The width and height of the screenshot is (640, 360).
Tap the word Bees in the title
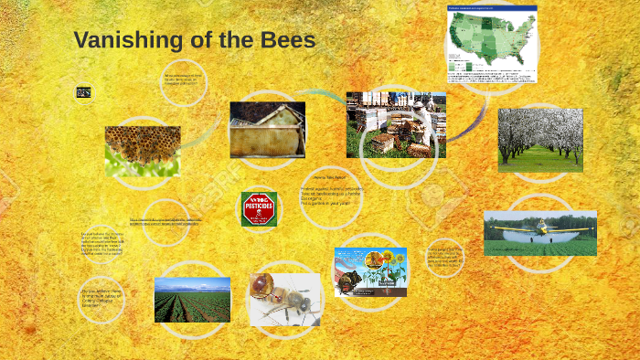(288, 41)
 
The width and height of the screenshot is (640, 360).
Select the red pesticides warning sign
(259, 209)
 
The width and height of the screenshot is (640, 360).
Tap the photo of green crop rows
(192, 300)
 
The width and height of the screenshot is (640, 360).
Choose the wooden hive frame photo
(267, 130)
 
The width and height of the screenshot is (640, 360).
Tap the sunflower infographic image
(370, 271)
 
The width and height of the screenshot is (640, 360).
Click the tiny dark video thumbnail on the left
(83, 91)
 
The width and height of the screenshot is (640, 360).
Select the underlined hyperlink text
(165, 221)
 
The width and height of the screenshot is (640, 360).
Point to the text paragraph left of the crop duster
(445, 257)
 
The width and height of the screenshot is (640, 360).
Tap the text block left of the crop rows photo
(101, 299)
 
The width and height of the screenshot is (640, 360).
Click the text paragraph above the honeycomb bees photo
(182, 79)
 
